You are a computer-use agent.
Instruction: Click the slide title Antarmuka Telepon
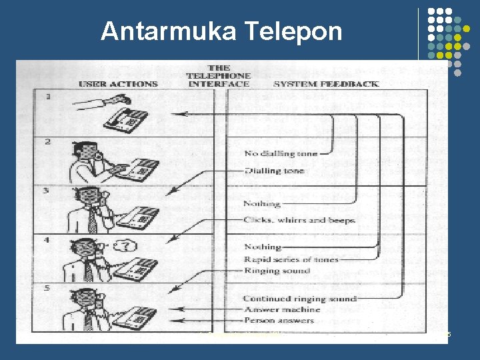[x=221, y=31]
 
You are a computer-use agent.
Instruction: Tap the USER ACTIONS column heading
[x=119, y=84]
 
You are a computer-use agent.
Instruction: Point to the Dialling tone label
[x=273, y=171]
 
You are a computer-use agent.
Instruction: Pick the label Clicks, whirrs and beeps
[x=299, y=220]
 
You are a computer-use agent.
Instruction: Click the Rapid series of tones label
[x=291, y=259]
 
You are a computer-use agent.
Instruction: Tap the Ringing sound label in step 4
[x=277, y=271]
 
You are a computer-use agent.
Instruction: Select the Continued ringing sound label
[x=299, y=299]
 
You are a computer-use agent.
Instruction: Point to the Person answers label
[x=279, y=321]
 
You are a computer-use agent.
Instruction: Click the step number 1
[x=47, y=97]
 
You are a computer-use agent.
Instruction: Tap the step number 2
[x=47, y=142]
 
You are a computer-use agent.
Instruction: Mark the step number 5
[x=47, y=288]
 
